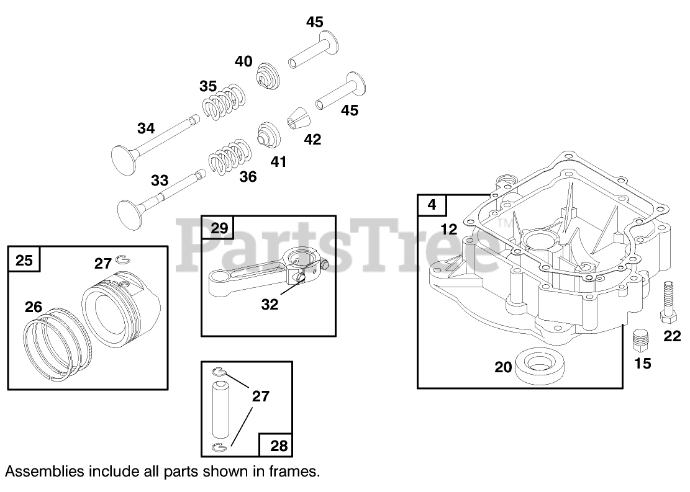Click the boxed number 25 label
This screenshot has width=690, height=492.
[24, 260]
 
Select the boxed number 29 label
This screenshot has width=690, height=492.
[219, 228]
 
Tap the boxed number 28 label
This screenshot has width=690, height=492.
[279, 445]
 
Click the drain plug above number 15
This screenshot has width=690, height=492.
[640, 341]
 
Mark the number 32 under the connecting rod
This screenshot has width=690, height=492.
[270, 305]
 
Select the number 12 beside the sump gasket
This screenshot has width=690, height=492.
[448, 229]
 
